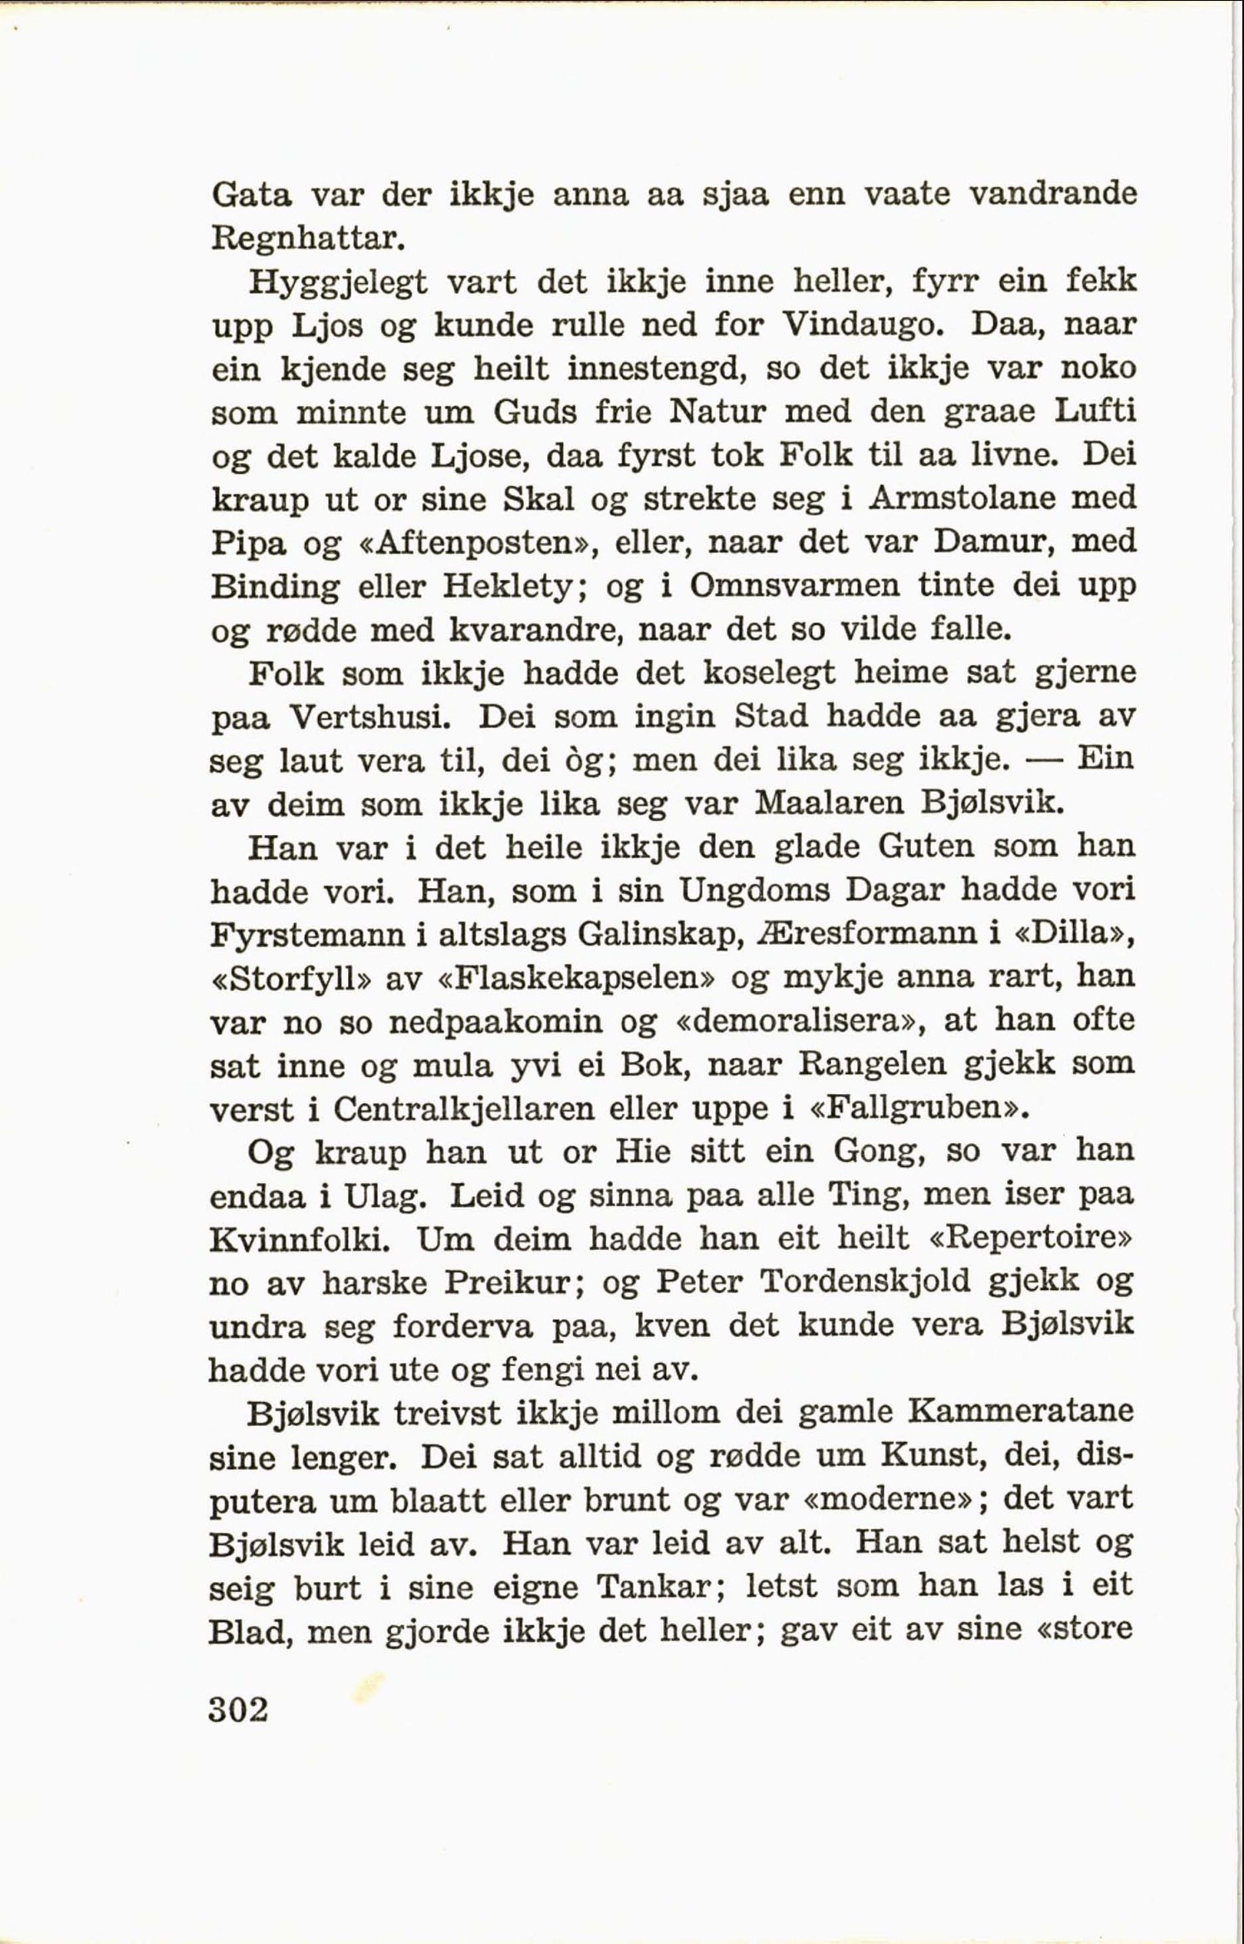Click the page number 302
click(x=239, y=1710)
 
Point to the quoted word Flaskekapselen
click(x=579, y=977)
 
